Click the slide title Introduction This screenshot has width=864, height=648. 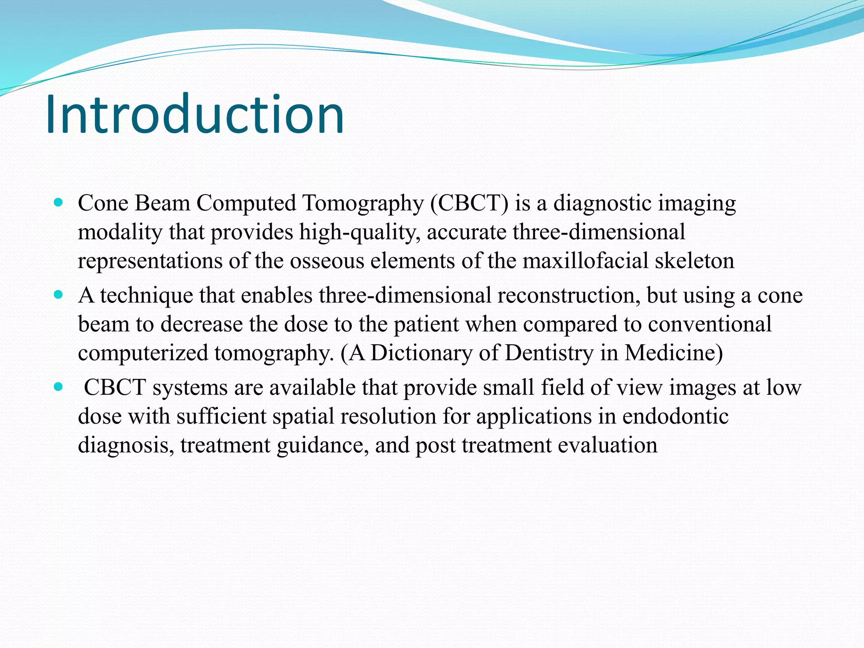pyautogui.click(x=194, y=115)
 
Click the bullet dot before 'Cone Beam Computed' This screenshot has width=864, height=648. pyautogui.click(x=59, y=202)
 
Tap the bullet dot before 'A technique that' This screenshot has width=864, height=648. pyautogui.click(x=59, y=295)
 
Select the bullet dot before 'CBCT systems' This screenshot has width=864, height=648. pyautogui.click(x=59, y=387)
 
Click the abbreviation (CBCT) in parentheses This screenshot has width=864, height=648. pyautogui.click(x=470, y=203)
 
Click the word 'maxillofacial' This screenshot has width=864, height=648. pyautogui.click(x=585, y=261)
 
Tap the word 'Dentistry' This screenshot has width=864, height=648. pyautogui.click(x=549, y=353)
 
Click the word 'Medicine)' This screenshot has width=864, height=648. pyautogui.click(x=674, y=353)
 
